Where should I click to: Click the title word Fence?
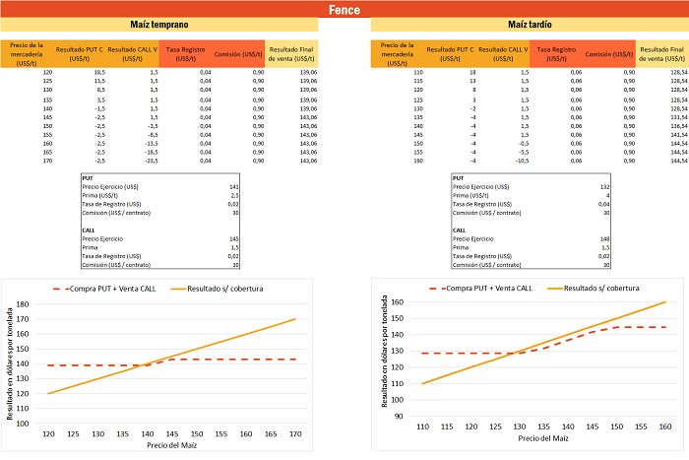(x=344, y=10)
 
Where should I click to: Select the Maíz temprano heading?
(x=159, y=24)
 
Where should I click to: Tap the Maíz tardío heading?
(x=530, y=24)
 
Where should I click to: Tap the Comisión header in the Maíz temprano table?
(x=238, y=54)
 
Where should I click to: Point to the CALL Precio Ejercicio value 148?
(x=605, y=237)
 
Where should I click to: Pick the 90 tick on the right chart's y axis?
(x=399, y=416)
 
